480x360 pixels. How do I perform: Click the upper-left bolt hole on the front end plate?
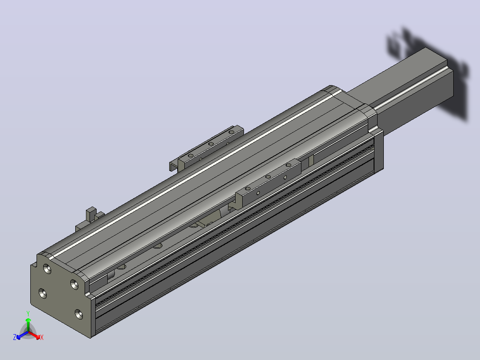(47, 269)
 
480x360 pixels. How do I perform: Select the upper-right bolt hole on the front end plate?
(74, 284)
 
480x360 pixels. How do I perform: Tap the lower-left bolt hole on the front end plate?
(43, 293)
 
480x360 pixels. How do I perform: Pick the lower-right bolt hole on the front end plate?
(79, 314)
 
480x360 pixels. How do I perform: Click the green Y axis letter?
(28, 314)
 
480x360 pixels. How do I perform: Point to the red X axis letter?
(42, 337)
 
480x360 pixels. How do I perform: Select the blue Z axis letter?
(15, 337)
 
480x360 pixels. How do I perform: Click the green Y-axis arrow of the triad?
(28, 325)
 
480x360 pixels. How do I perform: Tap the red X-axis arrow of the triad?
(34, 335)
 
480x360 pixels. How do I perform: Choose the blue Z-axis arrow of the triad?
(22, 335)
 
